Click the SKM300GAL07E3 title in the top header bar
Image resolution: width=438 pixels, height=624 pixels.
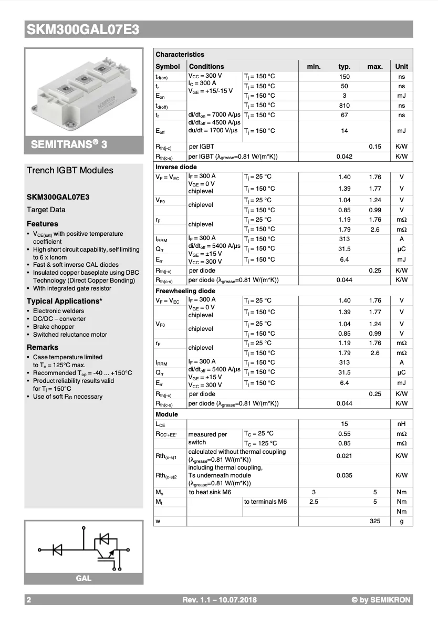(x=83, y=30)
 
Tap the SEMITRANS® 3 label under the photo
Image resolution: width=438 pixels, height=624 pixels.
(x=69, y=144)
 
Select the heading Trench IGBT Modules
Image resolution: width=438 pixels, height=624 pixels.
(x=70, y=170)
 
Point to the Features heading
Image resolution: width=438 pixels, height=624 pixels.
(x=42, y=224)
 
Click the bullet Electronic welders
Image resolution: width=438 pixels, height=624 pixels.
(x=58, y=311)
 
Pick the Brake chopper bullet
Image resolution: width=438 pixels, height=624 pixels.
(x=54, y=327)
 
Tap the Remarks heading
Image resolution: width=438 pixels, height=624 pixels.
(x=43, y=347)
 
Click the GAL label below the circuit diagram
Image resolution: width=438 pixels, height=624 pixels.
(x=84, y=578)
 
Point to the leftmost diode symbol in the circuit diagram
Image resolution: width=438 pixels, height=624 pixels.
(x=57, y=549)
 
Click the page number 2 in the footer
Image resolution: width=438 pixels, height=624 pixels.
(x=29, y=600)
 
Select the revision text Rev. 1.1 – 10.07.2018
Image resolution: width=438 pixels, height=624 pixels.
(x=220, y=600)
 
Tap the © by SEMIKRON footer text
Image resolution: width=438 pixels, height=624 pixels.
(x=381, y=600)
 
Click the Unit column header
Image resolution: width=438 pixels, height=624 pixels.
(x=401, y=67)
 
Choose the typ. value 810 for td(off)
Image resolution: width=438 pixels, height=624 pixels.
(x=344, y=106)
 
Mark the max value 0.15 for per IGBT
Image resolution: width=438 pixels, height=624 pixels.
(x=374, y=147)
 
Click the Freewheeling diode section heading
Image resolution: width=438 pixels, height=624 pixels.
(x=185, y=290)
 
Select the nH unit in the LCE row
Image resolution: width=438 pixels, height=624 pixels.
(x=401, y=424)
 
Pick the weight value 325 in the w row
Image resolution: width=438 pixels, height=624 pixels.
(x=374, y=521)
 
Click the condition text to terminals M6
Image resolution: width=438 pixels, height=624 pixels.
(x=265, y=502)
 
